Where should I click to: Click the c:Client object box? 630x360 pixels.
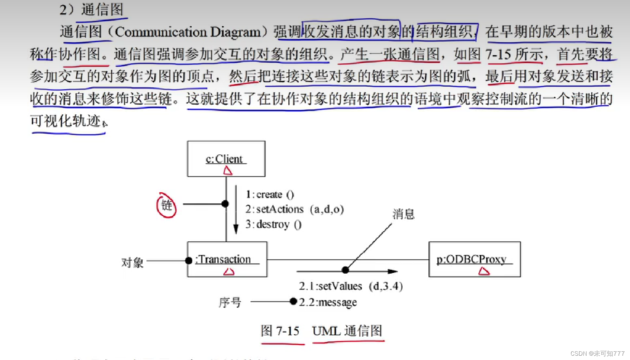(226, 158)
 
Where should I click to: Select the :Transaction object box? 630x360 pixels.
(227, 259)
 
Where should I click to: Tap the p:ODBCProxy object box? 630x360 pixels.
(474, 259)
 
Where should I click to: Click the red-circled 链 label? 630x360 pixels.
(167, 205)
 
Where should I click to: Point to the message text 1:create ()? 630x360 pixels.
(270, 195)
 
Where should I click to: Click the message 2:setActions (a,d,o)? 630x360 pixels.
(294, 209)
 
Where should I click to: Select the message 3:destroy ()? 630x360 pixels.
(273, 225)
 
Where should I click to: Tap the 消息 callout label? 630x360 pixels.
(403, 214)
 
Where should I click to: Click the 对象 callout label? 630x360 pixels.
(132, 263)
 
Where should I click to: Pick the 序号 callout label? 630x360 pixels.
(230, 303)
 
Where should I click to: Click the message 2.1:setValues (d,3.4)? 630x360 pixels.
(351, 286)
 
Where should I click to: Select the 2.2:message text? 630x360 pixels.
(328, 303)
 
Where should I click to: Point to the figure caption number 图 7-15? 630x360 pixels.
(280, 331)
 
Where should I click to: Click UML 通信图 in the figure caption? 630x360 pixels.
(347, 331)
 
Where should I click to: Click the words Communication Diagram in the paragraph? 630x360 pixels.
(188, 32)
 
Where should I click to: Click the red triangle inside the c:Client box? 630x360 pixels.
(228, 171)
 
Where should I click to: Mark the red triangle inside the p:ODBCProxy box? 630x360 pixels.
(484, 272)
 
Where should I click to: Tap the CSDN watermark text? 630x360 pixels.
(597, 354)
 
